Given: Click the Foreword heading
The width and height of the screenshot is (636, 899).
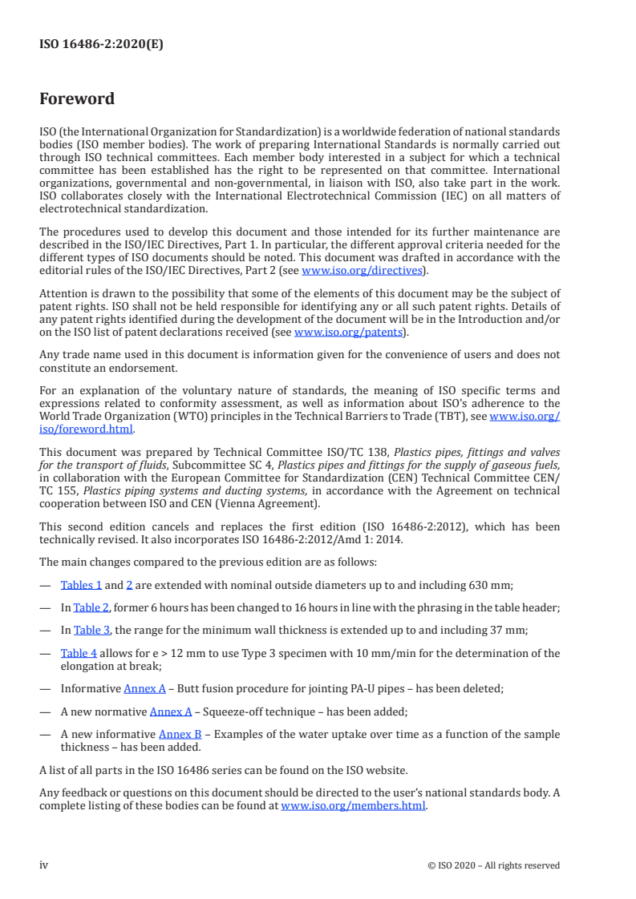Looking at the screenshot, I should click(77, 99).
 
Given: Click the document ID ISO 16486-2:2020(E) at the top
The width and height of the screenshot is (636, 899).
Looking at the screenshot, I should click(101, 45).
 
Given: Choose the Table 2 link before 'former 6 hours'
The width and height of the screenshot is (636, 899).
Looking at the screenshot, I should click(91, 607).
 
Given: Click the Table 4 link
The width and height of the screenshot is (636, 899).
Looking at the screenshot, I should click(79, 652).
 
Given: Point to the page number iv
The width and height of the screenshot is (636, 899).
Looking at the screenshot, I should click(44, 865).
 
